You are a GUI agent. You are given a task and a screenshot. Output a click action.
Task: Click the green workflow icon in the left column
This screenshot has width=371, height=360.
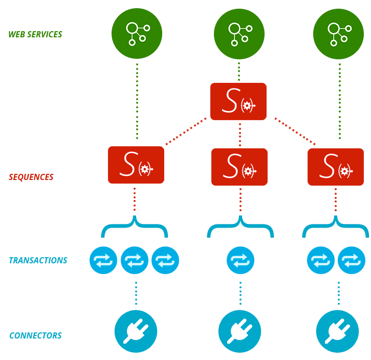[x=137, y=33]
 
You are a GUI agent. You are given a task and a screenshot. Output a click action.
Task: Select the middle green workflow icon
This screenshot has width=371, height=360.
[x=239, y=34]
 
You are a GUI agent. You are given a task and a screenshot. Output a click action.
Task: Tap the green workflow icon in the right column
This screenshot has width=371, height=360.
[x=338, y=34]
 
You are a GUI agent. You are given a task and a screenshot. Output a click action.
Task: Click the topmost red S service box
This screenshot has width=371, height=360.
[x=238, y=101]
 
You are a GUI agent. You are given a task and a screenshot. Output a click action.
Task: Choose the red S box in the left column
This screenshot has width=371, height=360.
[x=136, y=165]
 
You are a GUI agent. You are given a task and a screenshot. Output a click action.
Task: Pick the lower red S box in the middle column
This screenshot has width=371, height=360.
[x=239, y=167]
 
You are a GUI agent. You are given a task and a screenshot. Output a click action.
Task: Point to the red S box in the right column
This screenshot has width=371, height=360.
[x=336, y=167]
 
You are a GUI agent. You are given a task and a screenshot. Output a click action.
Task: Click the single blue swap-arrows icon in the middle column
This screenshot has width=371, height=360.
[x=241, y=260]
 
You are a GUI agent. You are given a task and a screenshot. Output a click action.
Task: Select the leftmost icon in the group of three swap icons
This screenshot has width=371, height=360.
[x=103, y=260]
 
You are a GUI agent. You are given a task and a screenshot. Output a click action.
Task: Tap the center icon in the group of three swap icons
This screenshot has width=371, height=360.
[x=135, y=260]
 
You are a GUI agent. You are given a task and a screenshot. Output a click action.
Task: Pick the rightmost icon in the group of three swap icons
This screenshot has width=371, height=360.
[x=165, y=260]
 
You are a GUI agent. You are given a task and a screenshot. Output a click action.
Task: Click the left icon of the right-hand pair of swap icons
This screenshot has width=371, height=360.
[x=321, y=260]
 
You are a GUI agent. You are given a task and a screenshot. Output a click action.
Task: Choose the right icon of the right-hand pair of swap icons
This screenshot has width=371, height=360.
[x=352, y=260]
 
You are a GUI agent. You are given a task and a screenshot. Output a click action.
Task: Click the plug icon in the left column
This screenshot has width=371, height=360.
[x=136, y=331]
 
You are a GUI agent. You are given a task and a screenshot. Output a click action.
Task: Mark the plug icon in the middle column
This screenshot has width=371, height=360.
[x=239, y=331]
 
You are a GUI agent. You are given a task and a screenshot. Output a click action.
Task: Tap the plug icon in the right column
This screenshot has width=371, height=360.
[x=337, y=331]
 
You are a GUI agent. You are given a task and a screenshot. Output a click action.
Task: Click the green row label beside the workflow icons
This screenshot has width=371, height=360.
[x=35, y=34]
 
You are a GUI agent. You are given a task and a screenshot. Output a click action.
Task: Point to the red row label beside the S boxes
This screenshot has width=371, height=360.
[x=31, y=177]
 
